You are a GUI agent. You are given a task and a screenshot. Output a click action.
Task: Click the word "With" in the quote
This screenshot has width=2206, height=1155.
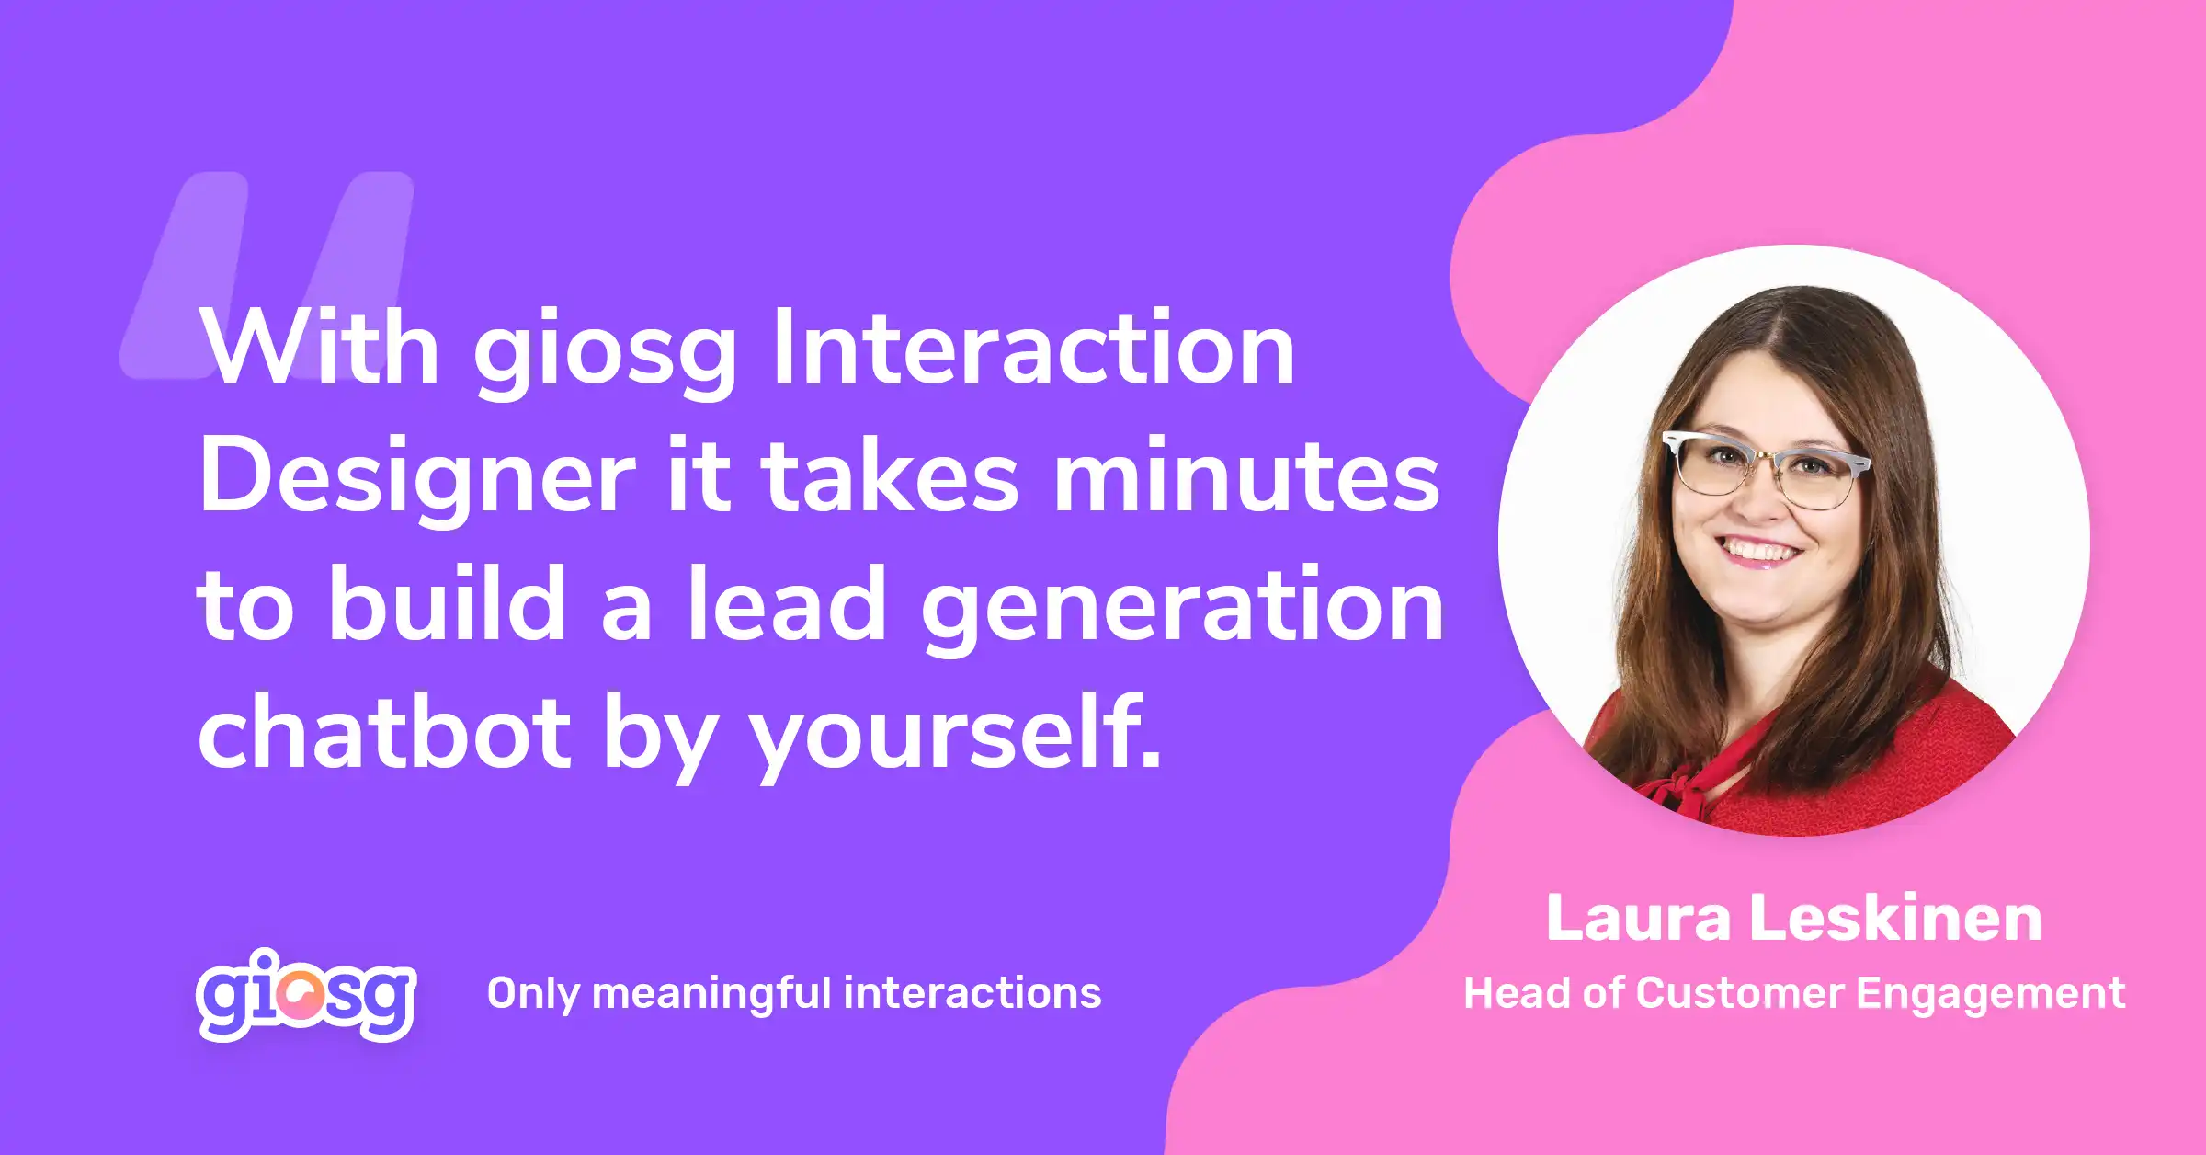click(x=320, y=348)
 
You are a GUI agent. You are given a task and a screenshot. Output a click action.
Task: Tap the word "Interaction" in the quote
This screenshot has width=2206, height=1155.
click(x=1034, y=348)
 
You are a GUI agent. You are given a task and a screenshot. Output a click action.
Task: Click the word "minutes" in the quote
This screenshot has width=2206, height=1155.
click(x=1246, y=476)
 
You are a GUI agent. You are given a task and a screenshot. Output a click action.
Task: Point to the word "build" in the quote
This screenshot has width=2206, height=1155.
click(x=448, y=603)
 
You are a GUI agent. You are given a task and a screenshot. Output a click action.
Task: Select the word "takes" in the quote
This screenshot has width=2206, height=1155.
click(x=890, y=476)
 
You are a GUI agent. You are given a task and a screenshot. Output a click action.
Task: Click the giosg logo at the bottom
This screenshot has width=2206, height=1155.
click(x=306, y=995)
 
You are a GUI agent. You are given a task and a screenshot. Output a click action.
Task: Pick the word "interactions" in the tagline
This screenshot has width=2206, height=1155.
click(x=972, y=993)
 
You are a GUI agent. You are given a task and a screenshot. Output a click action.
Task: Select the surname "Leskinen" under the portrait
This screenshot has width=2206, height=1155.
click(x=1896, y=918)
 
